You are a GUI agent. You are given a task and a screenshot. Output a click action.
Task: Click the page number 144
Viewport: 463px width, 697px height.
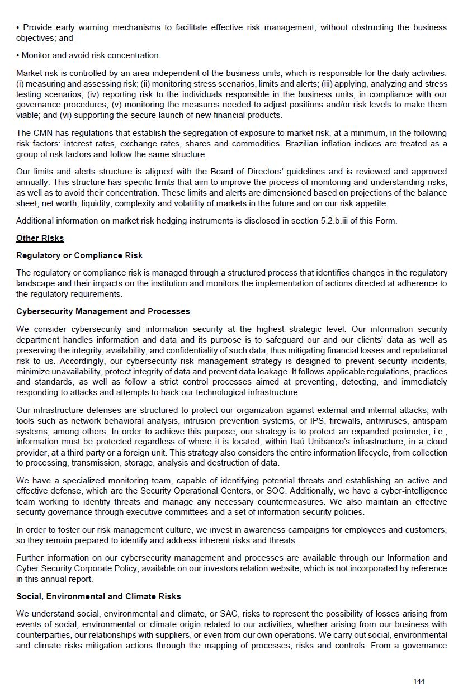(x=419, y=681)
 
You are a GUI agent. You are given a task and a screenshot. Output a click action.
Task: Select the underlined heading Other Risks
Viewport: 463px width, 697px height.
(x=40, y=238)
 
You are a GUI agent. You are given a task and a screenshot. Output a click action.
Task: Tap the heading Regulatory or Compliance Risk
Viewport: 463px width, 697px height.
(x=79, y=255)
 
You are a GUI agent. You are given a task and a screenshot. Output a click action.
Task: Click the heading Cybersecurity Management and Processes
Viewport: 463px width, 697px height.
(x=103, y=311)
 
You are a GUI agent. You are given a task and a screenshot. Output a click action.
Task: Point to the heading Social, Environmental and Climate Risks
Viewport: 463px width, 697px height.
(x=98, y=596)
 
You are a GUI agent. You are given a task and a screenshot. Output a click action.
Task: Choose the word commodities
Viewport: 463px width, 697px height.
(x=257, y=144)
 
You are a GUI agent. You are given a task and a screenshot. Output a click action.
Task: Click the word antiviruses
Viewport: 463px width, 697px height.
(x=382, y=421)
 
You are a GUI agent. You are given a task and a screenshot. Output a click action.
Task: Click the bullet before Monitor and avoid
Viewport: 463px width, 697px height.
(x=18, y=55)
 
